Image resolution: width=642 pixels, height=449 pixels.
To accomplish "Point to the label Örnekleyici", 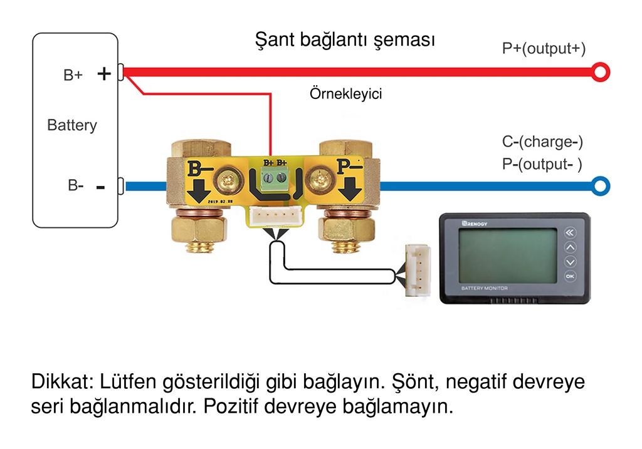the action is pyautogui.click(x=345, y=94).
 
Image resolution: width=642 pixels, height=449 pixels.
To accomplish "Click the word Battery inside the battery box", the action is pyautogui.click(x=72, y=125).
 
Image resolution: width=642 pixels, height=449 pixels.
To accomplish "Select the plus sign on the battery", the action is pyautogui.click(x=104, y=74).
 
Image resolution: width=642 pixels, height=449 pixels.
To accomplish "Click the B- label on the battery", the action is pyautogui.click(x=76, y=185).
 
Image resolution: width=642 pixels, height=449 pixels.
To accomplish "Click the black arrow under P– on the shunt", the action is pyautogui.click(x=349, y=189).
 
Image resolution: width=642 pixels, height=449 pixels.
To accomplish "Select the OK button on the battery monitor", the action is pyautogui.click(x=570, y=276).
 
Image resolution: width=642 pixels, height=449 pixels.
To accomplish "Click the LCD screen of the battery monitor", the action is pyautogui.click(x=508, y=255).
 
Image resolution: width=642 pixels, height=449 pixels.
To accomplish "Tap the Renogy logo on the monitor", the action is pyautogui.click(x=475, y=224).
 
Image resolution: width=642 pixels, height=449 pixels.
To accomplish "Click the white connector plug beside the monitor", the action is pyautogui.click(x=418, y=271).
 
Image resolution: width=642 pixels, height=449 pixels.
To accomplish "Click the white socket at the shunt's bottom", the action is pyautogui.click(x=276, y=216).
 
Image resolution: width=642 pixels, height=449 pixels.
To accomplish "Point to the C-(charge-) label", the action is pyautogui.click(x=542, y=142).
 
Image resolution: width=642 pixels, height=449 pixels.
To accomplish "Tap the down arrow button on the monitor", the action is pyautogui.click(x=570, y=262).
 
